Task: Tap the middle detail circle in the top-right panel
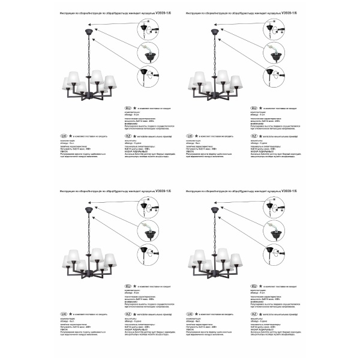tap(280, 51)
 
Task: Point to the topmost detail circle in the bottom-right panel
tap(280, 204)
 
